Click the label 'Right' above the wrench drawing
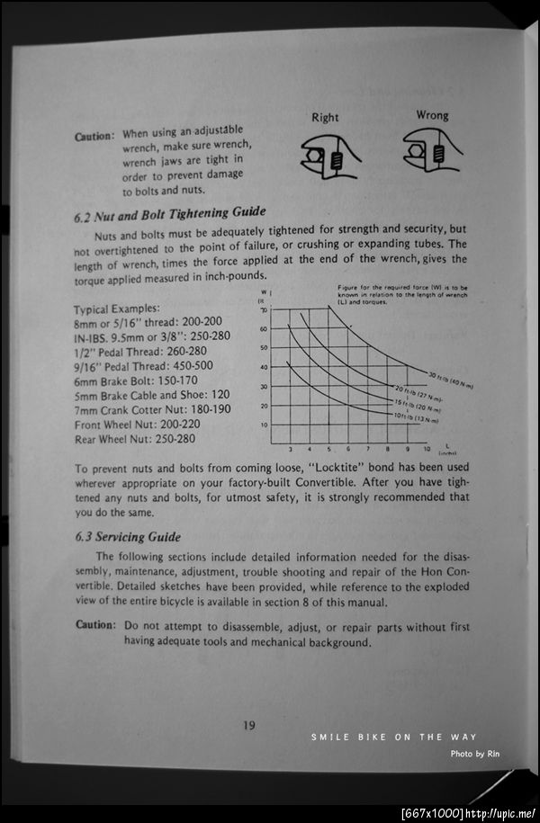(325, 118)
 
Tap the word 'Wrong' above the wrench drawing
(432, 115)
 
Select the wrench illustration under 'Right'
(331, 157)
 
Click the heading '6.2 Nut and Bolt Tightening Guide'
(169, 213)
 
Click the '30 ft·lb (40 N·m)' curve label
(450, 379)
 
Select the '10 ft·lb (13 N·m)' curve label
(417, 416)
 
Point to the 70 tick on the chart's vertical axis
(264, 309)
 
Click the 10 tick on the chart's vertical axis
(264, 425)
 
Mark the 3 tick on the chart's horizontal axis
(290, 448)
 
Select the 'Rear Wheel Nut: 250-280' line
(135, 439)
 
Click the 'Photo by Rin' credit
(473, 754)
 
